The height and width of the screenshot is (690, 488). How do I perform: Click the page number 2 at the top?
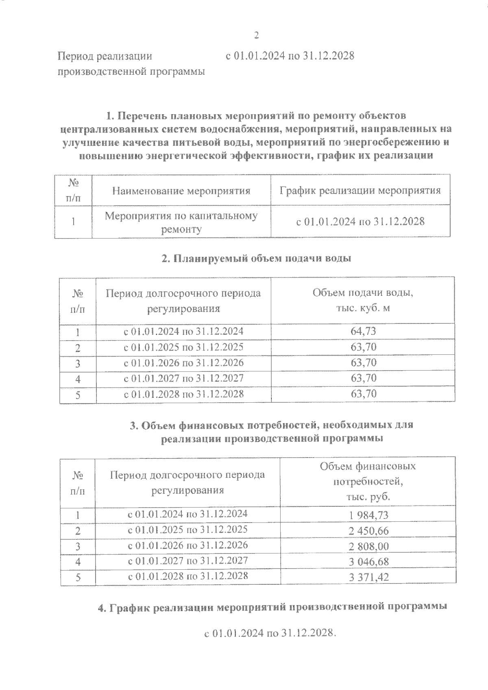tap(256, 35)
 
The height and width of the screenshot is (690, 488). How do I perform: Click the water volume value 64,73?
tap(363, 331)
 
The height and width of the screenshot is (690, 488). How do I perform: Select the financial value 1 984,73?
tap(368, 515)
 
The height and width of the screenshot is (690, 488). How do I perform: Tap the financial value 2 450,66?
tap(368, 530)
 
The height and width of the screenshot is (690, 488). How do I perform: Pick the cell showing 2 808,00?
tap(368, 546)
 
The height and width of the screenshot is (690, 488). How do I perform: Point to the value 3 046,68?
tap(368, 562)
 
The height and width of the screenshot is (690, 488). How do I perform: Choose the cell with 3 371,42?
tap(368, 577)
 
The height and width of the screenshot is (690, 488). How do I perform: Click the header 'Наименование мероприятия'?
tap(181, 191)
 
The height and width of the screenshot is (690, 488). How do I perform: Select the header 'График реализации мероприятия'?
tap(360, 190)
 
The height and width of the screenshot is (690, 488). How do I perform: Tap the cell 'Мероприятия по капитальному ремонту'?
tap(181, 222)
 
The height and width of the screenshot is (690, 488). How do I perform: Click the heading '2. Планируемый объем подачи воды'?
tap(256, 258)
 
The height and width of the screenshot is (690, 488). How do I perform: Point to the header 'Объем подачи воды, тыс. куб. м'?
tap(363, 300)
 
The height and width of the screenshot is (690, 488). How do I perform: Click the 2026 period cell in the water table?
tap(183, 362)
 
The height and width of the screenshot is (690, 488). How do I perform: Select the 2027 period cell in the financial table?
tap(187, 561)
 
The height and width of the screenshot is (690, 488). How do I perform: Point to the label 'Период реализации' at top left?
tap(105, 56)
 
